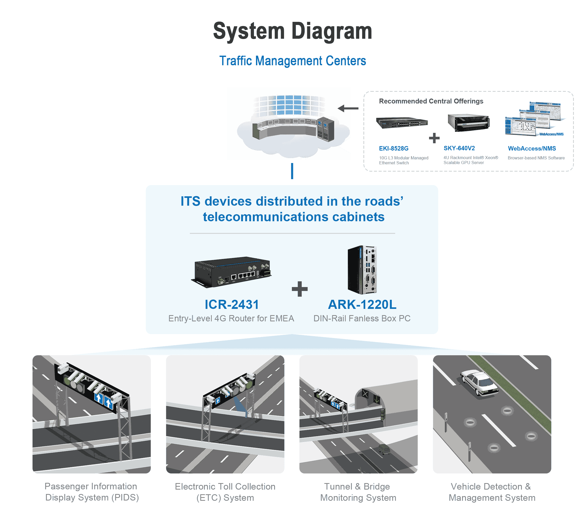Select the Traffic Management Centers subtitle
point(292,61)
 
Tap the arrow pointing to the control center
point(348,108)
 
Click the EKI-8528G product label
point(393,148)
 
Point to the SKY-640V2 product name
point(459,148)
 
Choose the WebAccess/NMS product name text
point(531,148)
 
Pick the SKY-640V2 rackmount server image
point(469,122)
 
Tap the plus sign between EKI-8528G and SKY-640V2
point(434,138)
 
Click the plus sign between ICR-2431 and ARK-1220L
point(299,289)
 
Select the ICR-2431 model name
point(232,304)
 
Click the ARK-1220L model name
point(362,304)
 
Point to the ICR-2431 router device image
point(232,271)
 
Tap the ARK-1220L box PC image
point(362,270)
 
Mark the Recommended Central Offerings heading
point(431,101)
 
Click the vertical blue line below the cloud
point(292,171)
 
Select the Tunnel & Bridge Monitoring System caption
point(358,492)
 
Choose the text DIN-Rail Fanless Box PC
point(362,318)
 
